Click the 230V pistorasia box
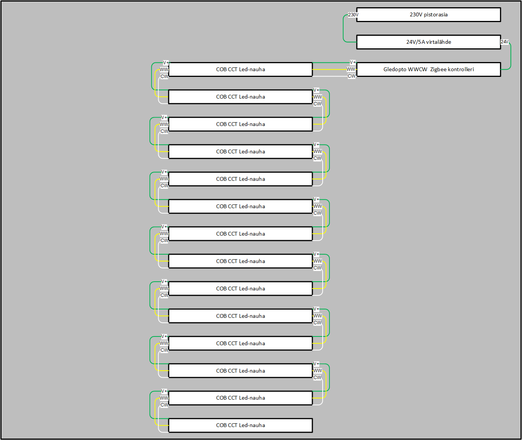428,15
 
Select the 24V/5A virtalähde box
428,42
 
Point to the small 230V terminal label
353,15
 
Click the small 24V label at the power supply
504,42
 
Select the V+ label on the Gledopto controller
353,62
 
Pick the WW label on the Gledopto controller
351,69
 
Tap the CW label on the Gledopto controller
352,76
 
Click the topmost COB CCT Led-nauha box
240,70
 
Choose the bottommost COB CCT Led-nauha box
240,426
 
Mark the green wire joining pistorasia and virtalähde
343,29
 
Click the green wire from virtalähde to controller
511,57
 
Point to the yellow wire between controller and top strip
329,70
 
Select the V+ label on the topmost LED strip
166,63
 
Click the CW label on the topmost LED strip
164,77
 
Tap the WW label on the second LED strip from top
318,97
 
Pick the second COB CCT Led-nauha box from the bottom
240,398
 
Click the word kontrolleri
461,70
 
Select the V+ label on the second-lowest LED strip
164,391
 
